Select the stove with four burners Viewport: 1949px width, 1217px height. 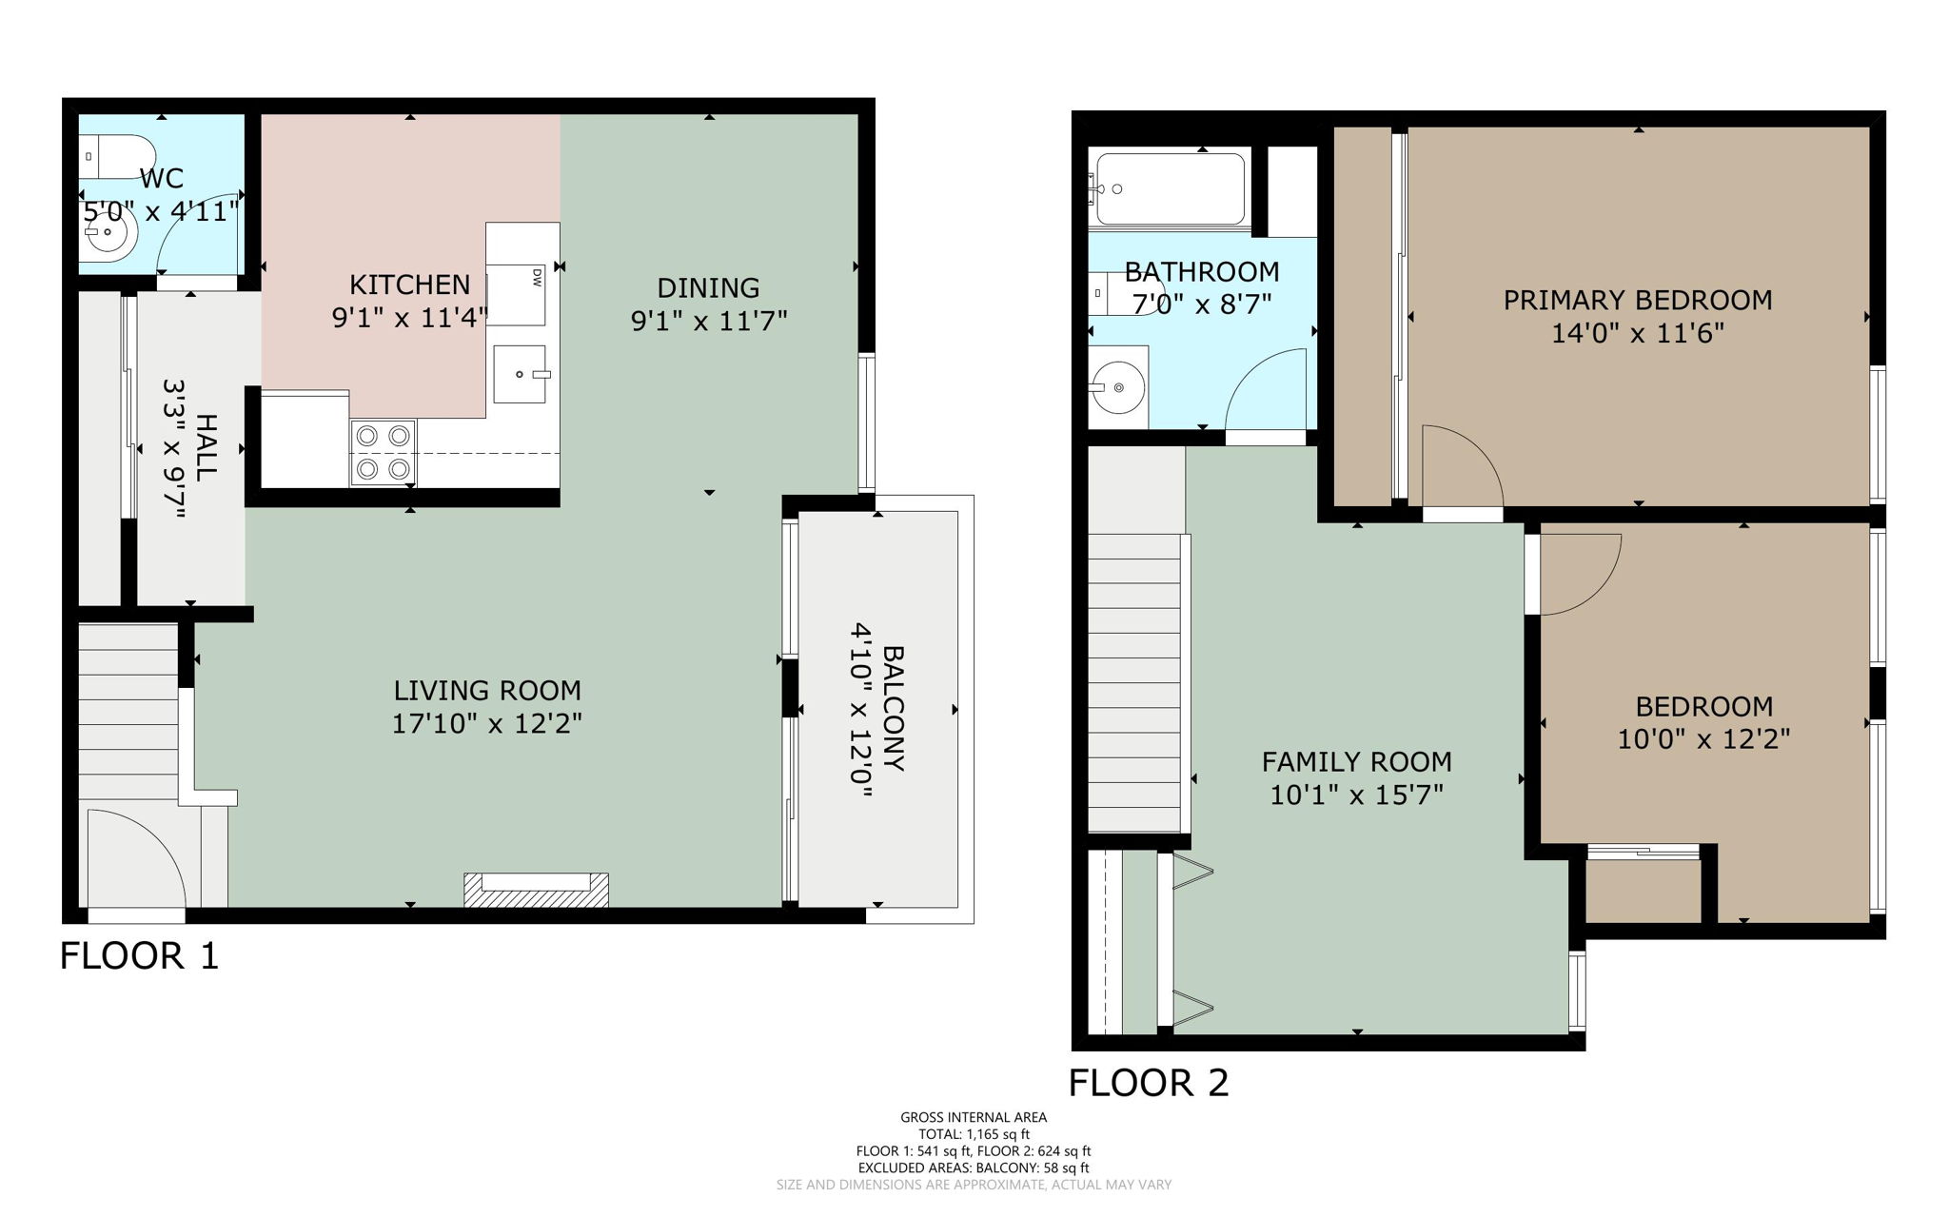pos(384,452)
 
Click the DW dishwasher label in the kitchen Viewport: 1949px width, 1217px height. pos(537,278)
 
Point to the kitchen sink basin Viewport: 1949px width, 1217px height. pos(520,374)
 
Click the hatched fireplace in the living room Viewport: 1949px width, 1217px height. pos(536,891)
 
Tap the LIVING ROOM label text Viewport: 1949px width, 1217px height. pos(487,691)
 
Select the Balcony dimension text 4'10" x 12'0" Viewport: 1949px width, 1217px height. pos(861,709)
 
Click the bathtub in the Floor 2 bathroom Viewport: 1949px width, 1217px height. pos(1170,187)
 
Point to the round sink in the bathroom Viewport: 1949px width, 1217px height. pos(1119,387)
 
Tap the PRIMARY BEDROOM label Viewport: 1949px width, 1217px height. pos(1637,301)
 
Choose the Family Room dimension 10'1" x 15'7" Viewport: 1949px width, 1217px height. pos(1356,795)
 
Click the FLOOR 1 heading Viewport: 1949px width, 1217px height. pos(140,956)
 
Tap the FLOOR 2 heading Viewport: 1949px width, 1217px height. pos(1149,1083)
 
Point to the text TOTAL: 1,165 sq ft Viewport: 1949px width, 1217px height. pos(974,1134)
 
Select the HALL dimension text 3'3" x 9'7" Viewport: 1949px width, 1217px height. pos(174,449)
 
